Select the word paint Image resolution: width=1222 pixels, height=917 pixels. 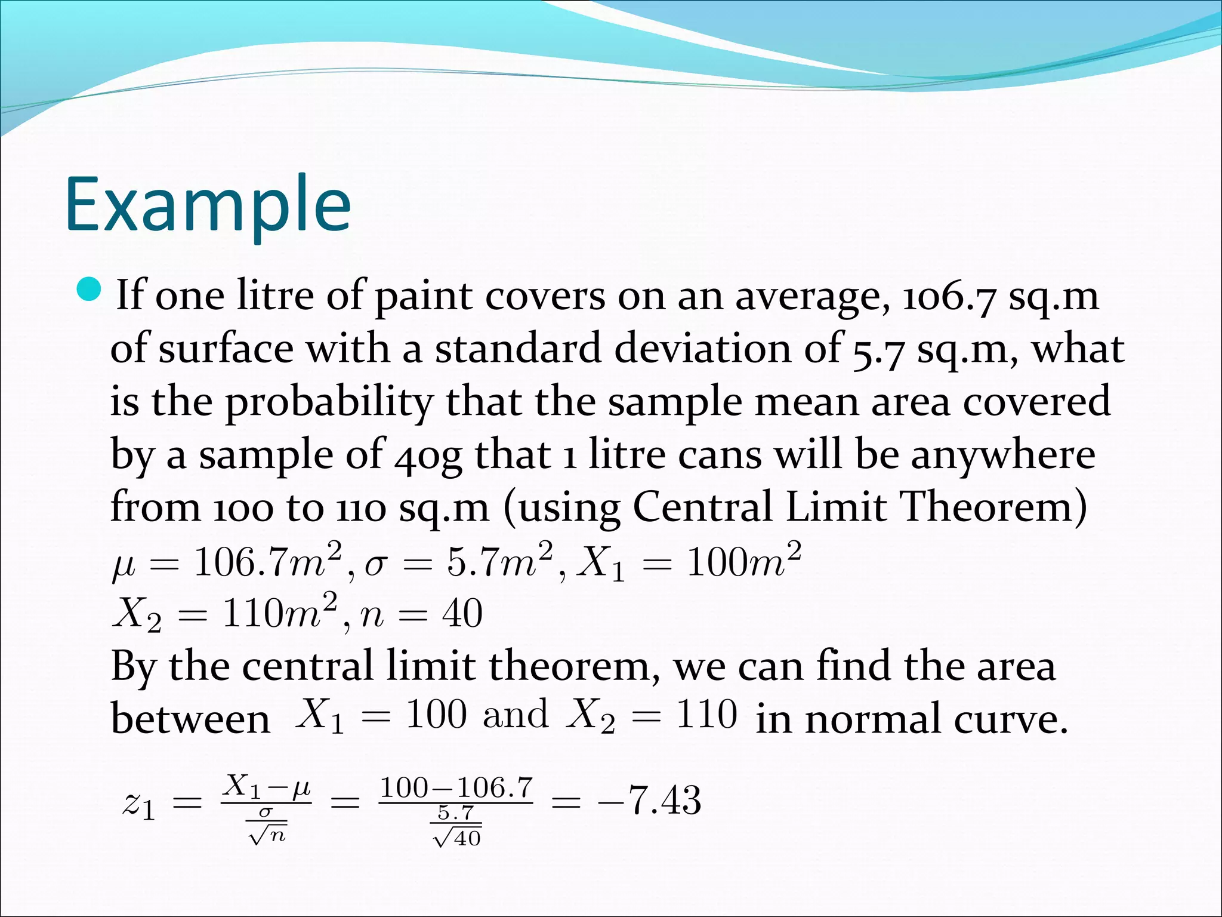(423, 297)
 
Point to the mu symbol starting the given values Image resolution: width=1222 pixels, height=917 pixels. (124, 565)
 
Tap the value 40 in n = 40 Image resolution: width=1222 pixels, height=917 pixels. (462, 614)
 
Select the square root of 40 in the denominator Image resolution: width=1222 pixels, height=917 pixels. (457, 838)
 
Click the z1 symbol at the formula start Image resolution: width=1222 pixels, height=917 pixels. (139, 804)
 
